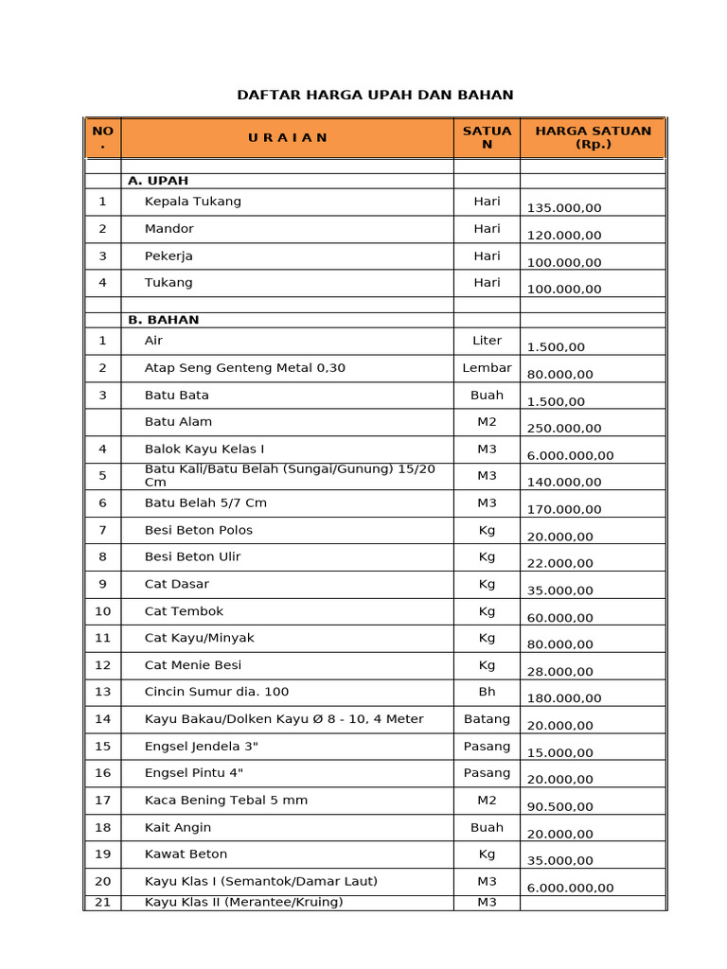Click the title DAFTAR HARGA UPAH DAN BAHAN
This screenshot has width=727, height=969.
point(374,95)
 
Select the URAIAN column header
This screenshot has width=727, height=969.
point(287,137)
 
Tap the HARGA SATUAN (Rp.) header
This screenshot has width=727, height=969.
point(593,137)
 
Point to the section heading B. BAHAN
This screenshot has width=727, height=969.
point(164,320)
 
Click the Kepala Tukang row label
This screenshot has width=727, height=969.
point(192,202)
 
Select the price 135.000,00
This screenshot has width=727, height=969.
point(564,208)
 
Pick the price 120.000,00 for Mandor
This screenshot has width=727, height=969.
point(564,236)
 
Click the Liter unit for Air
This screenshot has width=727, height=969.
point(487,341)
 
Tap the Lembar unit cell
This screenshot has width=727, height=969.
point(487,368)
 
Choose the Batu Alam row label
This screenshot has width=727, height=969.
point(178,422)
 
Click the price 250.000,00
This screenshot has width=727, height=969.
point(564,429)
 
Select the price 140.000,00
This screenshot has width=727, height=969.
point(564,483)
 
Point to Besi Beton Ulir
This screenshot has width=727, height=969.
point(192,556)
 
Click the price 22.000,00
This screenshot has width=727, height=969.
point(560,563)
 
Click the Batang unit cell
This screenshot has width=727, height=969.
point(487,719)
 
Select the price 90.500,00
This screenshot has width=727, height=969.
point(560,807)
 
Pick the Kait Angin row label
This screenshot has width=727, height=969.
point(178,827)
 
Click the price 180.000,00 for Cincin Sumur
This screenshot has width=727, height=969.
point(564,699)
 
